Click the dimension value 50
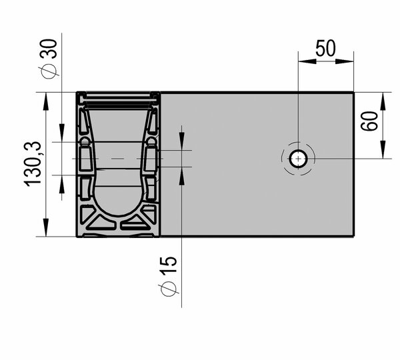325,48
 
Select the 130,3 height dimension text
33,164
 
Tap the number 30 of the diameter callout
49,49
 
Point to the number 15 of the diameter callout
169,265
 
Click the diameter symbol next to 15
169,289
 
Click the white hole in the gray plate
298,159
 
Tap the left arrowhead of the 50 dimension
307,61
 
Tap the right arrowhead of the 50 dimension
345,61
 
